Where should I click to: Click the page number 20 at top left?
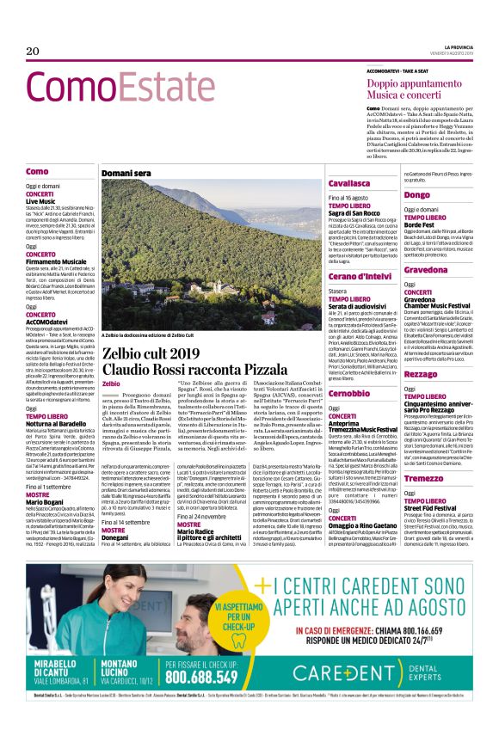(33, 52)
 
